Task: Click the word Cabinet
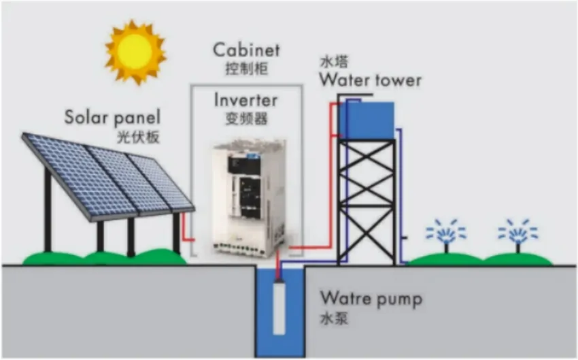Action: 246,50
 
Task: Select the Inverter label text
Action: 245,100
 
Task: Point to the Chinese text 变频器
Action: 245,119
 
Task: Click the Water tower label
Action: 370,80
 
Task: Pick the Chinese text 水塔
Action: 332,61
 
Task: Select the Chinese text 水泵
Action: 334,317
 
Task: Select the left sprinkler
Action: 446,235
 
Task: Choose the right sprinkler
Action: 517,235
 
